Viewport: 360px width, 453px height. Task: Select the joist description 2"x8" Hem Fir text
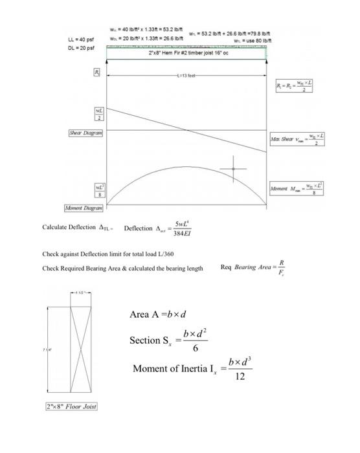pyautogui.click(x=186, y=53)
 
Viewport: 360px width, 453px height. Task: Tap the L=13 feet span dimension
pyautogui.click(x=186, y=76)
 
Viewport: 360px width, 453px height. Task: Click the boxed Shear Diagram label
pyautogui.click(x=86, y=132)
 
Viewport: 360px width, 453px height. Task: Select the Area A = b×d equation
pyautogui.click(x=158, y=315)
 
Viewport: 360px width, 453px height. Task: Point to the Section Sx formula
pyautogui.click(x=171, y=339)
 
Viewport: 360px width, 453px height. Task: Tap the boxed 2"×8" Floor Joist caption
pyautogui.click(x=71, y=406)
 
